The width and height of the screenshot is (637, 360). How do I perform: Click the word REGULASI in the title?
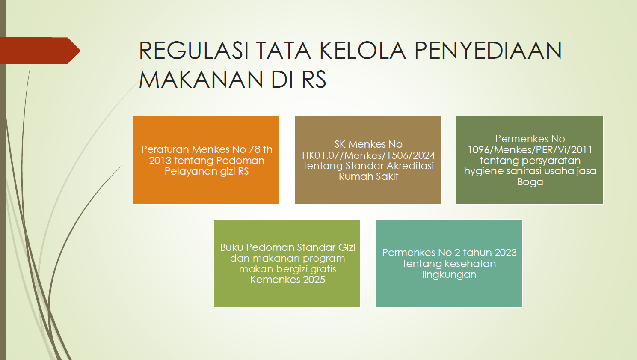[194, 51]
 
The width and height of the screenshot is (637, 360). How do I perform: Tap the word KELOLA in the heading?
[362, 51]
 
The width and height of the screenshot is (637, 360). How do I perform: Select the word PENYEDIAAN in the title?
[488, 51]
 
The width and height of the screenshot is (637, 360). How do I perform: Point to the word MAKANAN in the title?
[201, 79]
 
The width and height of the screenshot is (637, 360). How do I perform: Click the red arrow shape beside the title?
[40, 51]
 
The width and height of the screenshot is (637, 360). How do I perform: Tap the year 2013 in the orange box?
[160, 161]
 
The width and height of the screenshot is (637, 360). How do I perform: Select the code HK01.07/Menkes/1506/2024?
[368, 155]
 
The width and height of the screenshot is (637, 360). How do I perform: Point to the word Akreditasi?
[410, 166]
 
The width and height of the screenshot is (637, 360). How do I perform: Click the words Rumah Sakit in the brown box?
[368, 176]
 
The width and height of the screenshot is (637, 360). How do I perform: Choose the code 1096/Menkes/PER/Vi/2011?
[530, 150]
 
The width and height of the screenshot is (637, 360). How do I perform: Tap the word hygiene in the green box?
[480, 171]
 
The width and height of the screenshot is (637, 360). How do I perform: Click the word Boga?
[530, 182]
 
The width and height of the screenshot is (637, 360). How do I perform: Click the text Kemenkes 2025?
[287, 280]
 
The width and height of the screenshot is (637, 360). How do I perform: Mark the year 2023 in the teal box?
[506, 253]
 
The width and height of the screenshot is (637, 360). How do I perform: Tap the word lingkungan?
[449, 275]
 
